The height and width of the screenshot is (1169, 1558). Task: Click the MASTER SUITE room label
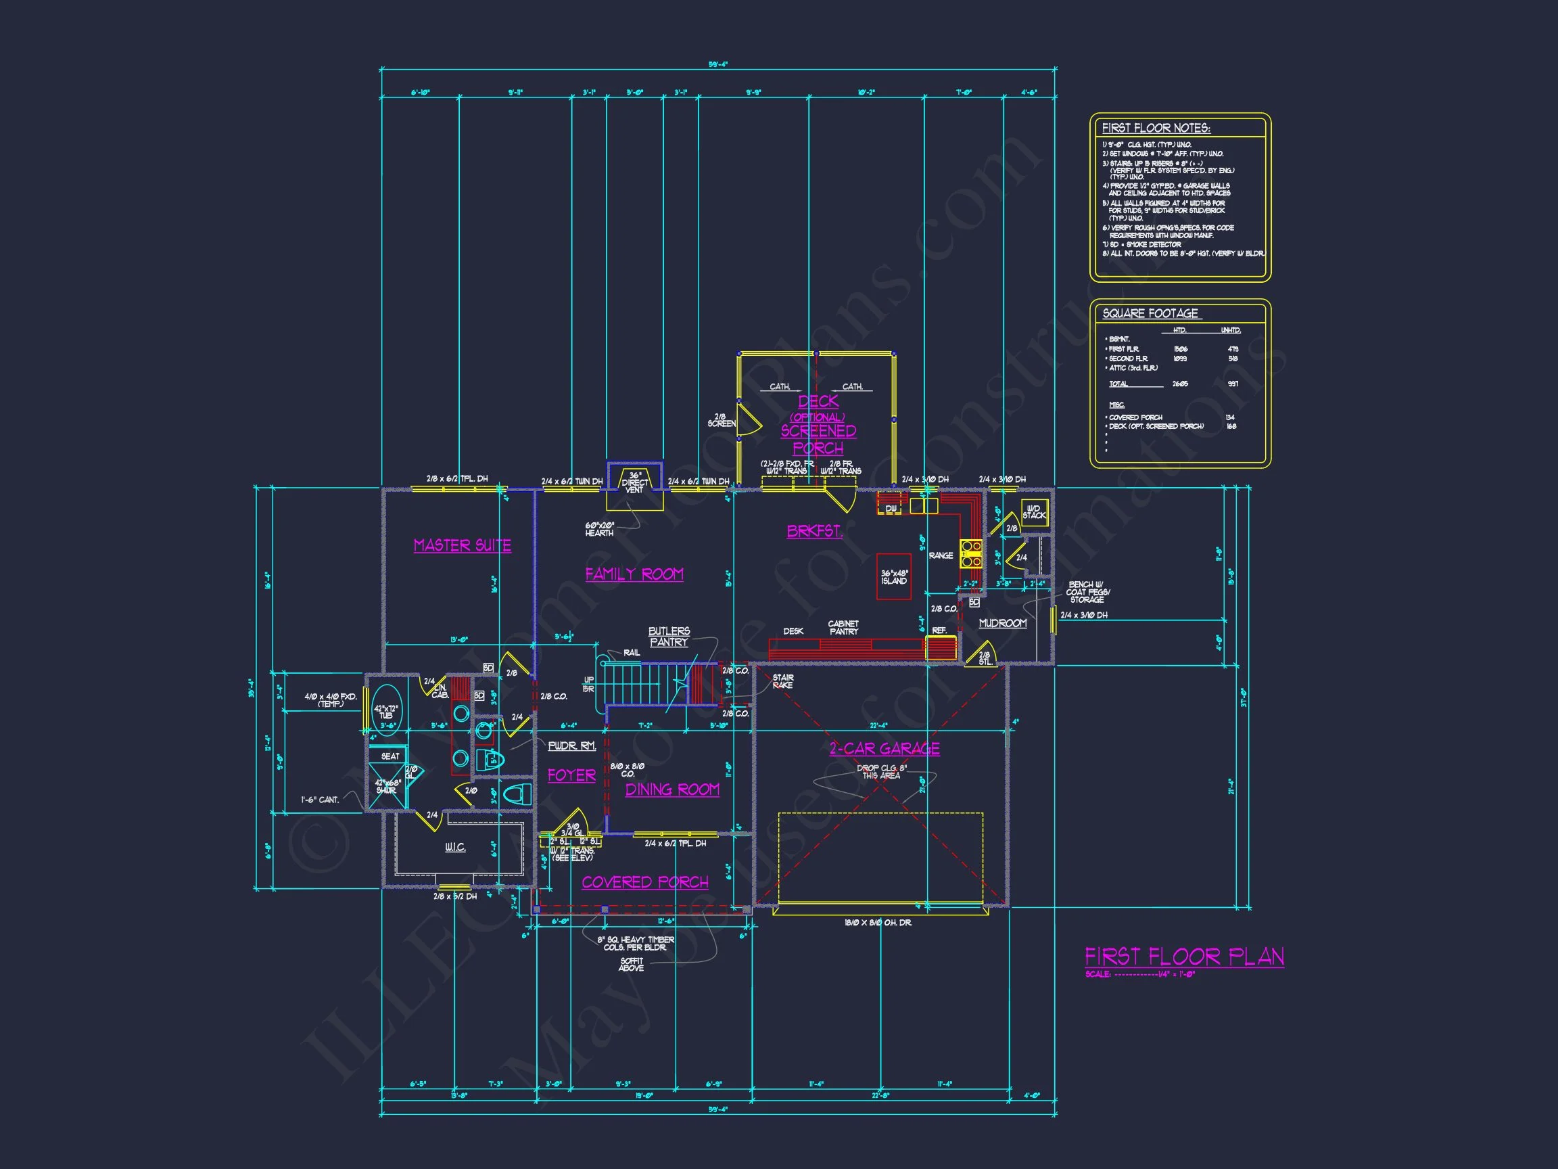[462, 545]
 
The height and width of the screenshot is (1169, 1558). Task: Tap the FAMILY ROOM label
[634, 574]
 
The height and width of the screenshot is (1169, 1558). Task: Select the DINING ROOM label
[672, 790]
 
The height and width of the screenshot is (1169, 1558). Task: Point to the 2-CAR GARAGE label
[884, 748]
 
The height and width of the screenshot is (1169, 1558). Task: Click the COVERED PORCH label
[644, 882]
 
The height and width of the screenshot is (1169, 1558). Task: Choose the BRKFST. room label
[814, 531]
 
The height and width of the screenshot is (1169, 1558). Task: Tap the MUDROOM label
[1002, 623]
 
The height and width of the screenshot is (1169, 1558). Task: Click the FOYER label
[571, 775]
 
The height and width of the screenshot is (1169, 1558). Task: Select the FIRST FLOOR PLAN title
[1184, 956]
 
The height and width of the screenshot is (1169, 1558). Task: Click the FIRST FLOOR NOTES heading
[1156, 129]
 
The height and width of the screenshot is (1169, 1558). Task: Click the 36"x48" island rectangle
[894, 576]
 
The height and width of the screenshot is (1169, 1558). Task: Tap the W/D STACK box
[1034, 512]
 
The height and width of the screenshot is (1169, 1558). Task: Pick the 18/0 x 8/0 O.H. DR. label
[877, 922]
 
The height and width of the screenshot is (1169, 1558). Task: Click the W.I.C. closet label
[455, 847]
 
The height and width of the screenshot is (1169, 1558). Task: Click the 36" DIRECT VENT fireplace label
[634, 482]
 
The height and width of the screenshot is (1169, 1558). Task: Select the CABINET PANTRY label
[843, 628]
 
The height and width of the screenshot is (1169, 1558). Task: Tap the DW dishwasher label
[891, 508]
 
